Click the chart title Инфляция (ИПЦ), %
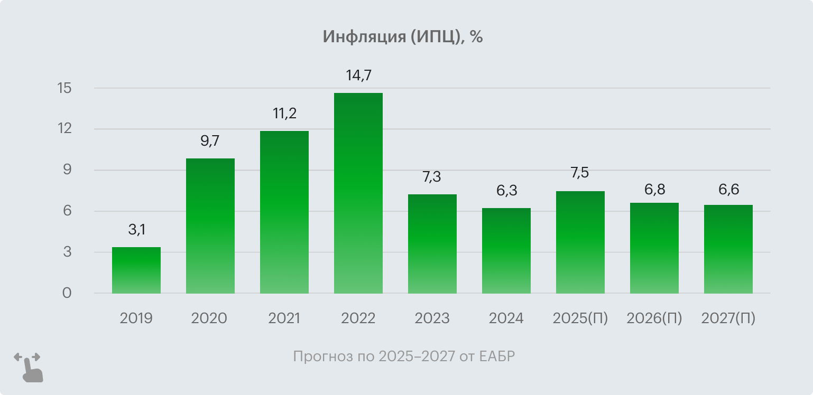click(402, 37)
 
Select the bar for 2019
click(136, 270)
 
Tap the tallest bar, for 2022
click(358, 193)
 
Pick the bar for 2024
click(506, 251)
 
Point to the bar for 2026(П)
click(654, 248)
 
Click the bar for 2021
click(284, 212)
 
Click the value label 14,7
click(359, 76)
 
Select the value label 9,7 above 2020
click(210, 141)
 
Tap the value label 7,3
click(432, 177)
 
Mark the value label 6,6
click(728, 189)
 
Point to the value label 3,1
click(136, 230)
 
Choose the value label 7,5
click(580, 173)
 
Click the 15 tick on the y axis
click(64, 88)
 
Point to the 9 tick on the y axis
click(67, 170)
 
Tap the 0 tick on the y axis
click(67, 293)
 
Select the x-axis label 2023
click(432, 318)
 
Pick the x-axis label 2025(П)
click(580, 318)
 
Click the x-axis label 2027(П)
click(728, 318)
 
